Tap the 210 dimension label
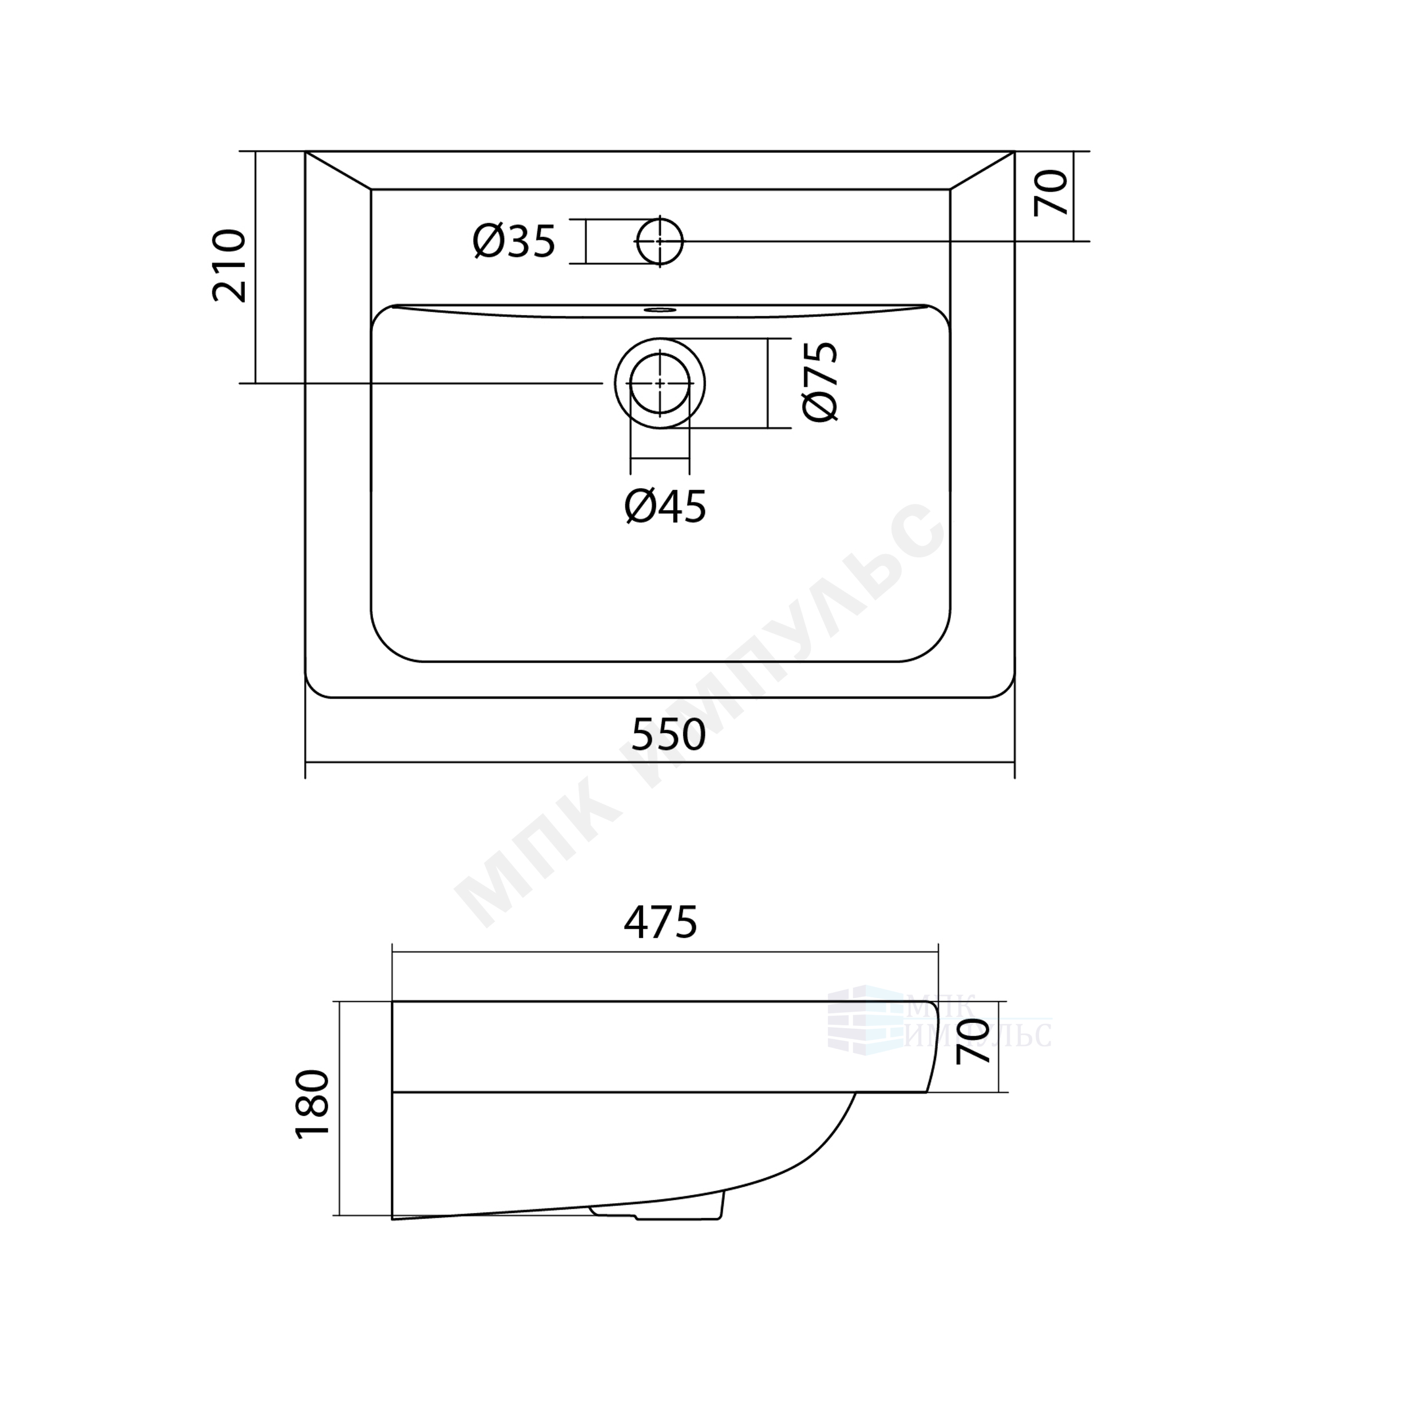[228, 266]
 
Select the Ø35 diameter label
[514, 241]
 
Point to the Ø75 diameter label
[821, 381]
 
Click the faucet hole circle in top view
[660, 241]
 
